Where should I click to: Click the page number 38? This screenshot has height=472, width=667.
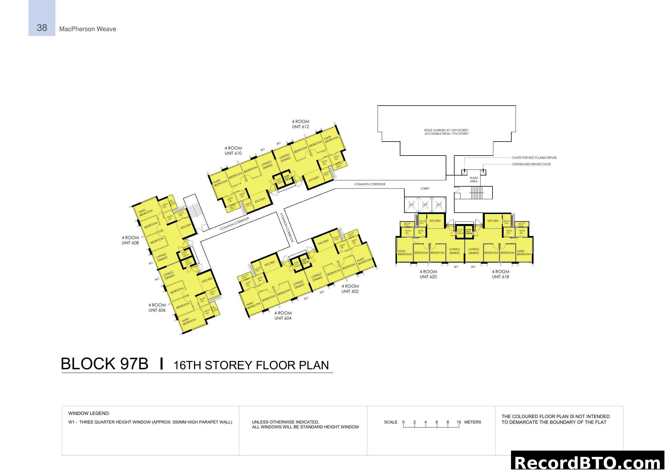coord(42,28)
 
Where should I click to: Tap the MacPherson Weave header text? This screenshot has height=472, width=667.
coord(88,29)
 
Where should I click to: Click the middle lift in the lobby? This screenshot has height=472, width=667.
coord(425,205)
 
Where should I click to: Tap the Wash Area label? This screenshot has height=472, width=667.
coord(474,179)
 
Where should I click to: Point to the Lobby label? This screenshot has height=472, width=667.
coord(425,188)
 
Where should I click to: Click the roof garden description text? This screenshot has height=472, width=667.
coord(447,132)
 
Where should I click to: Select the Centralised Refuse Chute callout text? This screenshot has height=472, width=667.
coord(531,164)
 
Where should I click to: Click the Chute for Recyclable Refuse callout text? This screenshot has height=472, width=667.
coord(534,158)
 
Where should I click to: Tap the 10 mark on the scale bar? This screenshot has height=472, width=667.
coord(459,422)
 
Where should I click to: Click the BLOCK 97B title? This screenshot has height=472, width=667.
coord(105,364)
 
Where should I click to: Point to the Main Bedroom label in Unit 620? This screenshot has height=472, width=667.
coord(404,253)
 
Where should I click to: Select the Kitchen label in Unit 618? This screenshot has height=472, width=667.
coord(493,221)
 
